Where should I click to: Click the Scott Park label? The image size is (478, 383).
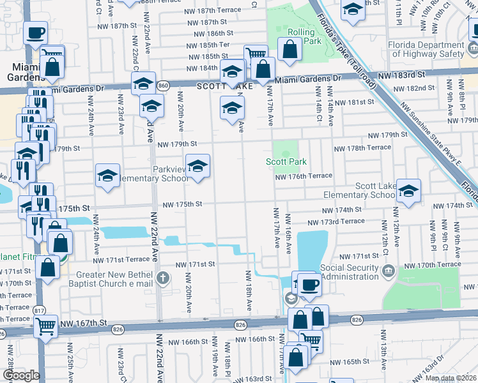286,162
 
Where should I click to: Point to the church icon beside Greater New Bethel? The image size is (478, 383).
164,278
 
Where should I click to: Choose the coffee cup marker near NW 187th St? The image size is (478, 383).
36,31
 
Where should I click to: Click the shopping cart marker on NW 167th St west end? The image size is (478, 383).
45,326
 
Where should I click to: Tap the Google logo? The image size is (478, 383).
21,375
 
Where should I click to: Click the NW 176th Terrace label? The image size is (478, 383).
304,176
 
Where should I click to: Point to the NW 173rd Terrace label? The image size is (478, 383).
335,222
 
